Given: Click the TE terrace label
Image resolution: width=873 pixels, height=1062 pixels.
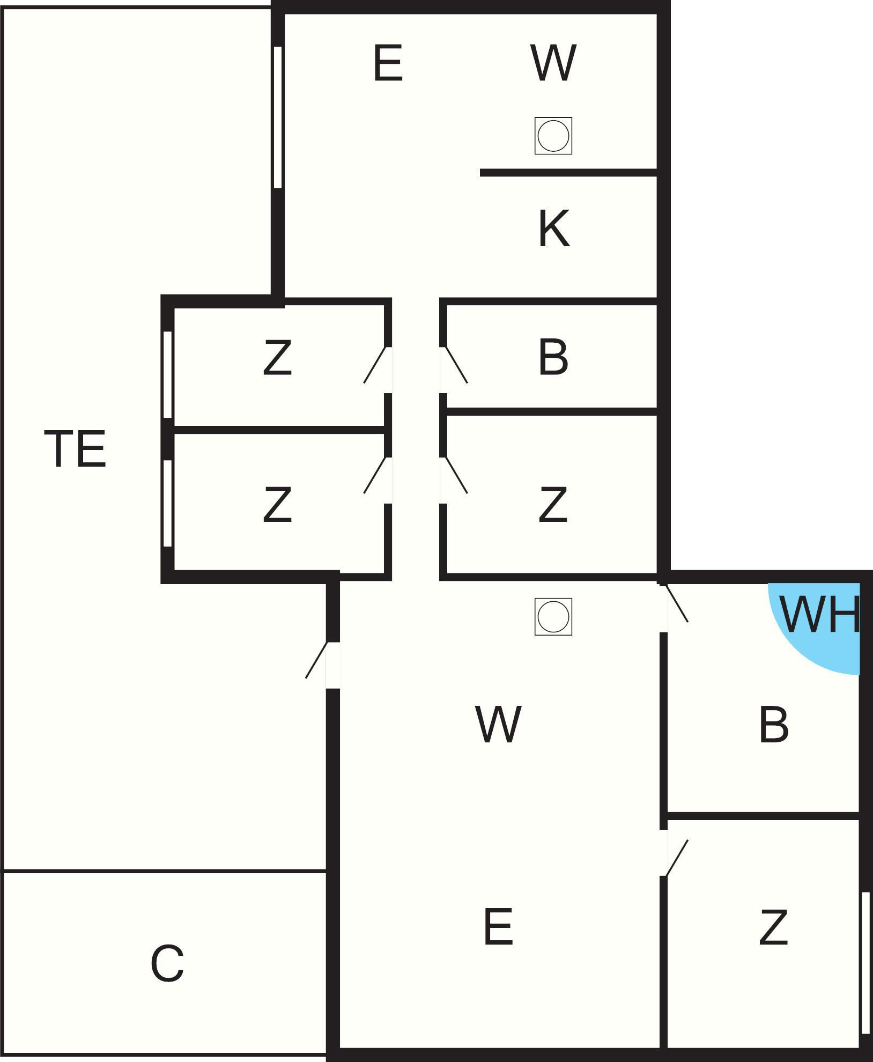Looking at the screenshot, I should [75, 449].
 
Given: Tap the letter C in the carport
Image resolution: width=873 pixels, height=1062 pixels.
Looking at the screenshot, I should [167, 963].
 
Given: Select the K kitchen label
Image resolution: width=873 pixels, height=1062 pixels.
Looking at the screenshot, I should [553, 229].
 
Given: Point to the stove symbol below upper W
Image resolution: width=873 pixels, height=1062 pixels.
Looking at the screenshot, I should [553, 136].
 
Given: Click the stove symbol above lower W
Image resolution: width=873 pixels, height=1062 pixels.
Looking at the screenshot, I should [553, 617].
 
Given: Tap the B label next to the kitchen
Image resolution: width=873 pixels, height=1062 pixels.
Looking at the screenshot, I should [553, 357].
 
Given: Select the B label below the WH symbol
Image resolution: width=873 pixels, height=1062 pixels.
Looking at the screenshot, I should [774, 725].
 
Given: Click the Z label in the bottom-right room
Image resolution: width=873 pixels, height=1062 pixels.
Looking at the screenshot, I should [773, 927].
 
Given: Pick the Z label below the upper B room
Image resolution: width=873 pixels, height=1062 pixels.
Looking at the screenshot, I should [553, 504].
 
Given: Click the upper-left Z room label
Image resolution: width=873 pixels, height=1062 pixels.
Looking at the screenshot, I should [277, 357].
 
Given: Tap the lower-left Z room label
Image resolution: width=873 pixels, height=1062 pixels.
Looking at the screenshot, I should [277, 504].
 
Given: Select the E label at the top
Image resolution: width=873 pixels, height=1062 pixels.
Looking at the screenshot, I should [388, 64].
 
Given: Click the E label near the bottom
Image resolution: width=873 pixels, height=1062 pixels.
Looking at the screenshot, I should [498, 927].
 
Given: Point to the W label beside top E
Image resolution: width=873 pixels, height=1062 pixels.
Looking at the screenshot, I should [553, 64].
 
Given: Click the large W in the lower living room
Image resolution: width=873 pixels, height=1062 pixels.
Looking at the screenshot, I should [498, 725].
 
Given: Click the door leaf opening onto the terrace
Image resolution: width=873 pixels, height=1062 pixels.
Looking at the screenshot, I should [316, 660].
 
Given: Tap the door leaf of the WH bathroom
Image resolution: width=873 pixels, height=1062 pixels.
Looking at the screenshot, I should [677, 603].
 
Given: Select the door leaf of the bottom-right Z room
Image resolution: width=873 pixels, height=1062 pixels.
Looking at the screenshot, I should [677, 858].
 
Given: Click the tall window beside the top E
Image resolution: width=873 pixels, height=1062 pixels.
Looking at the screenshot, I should [277, 117].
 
